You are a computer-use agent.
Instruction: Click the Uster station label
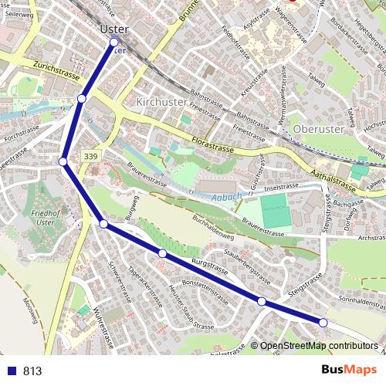pyautogui.click(x=113, y=29)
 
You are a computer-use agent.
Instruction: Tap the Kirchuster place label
pyautogui.click(x=161, y=102)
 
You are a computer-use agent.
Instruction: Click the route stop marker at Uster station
pyautogui.click(x=114, y=42)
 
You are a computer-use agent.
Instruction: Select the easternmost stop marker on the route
pyautogui.click(x=323, y=322)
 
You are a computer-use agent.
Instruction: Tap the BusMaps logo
pyautogui.click(x=348, y=370)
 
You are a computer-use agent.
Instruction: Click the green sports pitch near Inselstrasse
pyautogui.click(x=275, y=211)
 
